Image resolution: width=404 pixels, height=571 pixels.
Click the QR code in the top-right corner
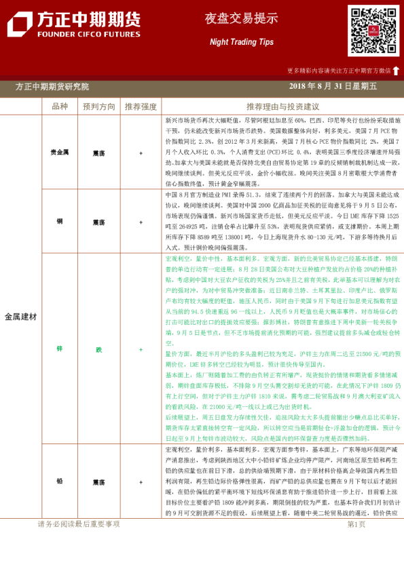373,31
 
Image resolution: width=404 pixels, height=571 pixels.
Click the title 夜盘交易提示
232,19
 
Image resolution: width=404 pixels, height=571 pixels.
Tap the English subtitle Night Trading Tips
232,42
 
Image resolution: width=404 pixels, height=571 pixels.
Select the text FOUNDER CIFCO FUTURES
88,33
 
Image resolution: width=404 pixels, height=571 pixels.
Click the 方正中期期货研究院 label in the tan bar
52,86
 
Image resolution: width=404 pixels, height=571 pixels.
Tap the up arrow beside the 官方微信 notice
396,70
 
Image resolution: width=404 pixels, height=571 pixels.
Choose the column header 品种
59,106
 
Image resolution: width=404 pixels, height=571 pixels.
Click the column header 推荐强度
141,106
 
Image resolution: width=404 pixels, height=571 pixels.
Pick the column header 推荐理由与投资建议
282,106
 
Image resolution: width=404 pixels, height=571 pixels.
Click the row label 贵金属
59,153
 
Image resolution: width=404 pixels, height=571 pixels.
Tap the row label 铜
59,221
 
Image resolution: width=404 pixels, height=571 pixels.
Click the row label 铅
59,481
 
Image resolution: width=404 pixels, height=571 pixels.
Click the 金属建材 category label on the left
21,317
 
